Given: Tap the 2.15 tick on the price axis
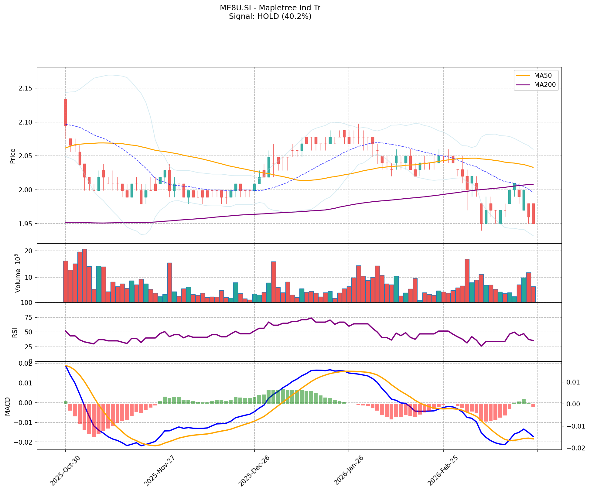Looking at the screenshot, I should [26, 88].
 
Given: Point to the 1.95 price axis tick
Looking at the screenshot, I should [26, 224].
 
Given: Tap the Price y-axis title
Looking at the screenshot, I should [13, 156].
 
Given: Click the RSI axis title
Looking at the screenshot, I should [15, 332].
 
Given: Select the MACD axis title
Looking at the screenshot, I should [8, 406].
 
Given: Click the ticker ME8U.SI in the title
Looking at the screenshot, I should [236, 8].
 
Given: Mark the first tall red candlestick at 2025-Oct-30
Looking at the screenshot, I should [66, 112].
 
